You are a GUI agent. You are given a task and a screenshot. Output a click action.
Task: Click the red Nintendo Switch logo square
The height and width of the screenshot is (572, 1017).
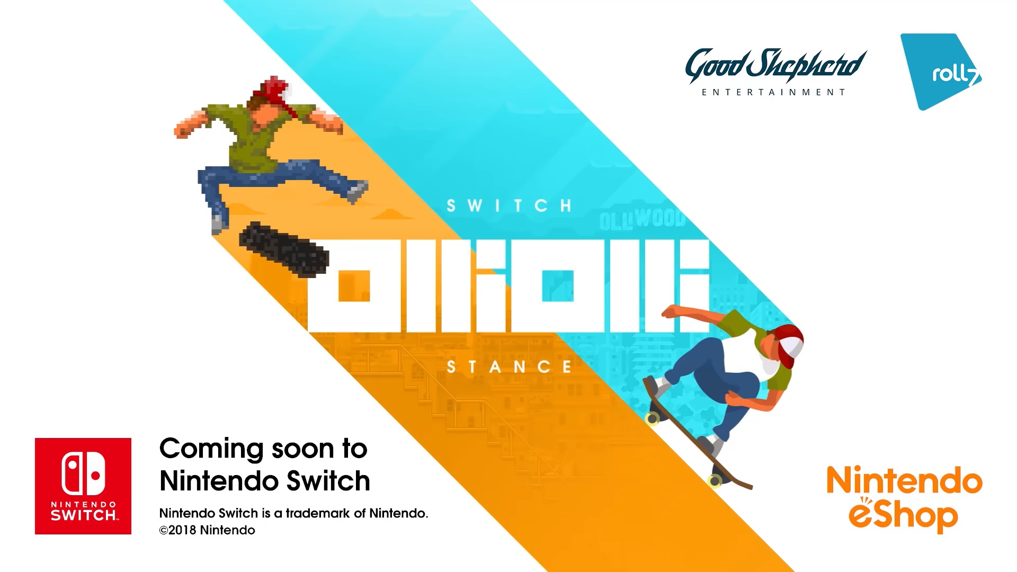83,486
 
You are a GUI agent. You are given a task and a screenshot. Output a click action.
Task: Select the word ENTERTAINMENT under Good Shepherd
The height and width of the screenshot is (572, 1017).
773,93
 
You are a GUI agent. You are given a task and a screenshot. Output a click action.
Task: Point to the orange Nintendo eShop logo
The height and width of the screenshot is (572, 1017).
904,499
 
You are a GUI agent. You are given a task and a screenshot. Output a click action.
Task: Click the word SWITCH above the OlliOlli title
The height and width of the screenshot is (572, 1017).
509,205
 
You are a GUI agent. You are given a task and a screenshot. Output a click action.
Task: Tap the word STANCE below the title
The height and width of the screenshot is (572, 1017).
509,367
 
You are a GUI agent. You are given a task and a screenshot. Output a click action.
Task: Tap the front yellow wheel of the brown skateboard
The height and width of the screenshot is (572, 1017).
653,419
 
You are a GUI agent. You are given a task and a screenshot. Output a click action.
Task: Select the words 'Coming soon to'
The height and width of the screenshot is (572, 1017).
263,449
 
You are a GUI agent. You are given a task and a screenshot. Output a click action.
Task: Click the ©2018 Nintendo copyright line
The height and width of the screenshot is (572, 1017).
207,530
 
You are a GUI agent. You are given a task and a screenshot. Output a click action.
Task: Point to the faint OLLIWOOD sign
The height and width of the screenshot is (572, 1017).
643,219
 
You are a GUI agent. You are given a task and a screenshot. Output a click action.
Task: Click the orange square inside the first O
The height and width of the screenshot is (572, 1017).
354,286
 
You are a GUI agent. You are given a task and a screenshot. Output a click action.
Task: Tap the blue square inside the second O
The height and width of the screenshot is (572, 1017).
557,286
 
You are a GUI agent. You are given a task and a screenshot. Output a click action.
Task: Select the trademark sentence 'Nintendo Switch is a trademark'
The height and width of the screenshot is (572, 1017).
293,513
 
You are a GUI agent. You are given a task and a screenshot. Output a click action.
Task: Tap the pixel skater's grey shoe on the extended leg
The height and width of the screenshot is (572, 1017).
359,191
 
